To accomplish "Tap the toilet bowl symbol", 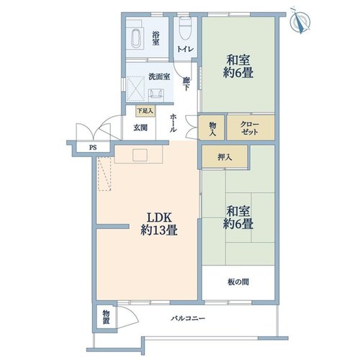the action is (185, 28).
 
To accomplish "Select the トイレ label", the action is (185, 49).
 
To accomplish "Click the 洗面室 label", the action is (159, 77).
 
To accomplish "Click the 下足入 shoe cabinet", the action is (145, 111).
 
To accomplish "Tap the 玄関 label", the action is (140, 127).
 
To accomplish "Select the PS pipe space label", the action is (93, 148).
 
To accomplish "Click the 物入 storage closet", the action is (212, 127).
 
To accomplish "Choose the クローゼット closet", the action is (251, 127).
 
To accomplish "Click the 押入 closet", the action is (225, 156).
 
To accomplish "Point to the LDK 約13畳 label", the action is (159, 224).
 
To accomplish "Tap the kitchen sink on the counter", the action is (140, 155).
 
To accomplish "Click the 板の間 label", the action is (238, 282).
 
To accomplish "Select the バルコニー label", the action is (188, 318).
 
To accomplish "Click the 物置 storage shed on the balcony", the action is (106, 317).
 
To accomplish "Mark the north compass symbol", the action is (300, 22).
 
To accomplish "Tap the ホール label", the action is (174, 123).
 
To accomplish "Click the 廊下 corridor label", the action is (186, 84).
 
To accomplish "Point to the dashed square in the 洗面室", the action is (135, 89).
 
